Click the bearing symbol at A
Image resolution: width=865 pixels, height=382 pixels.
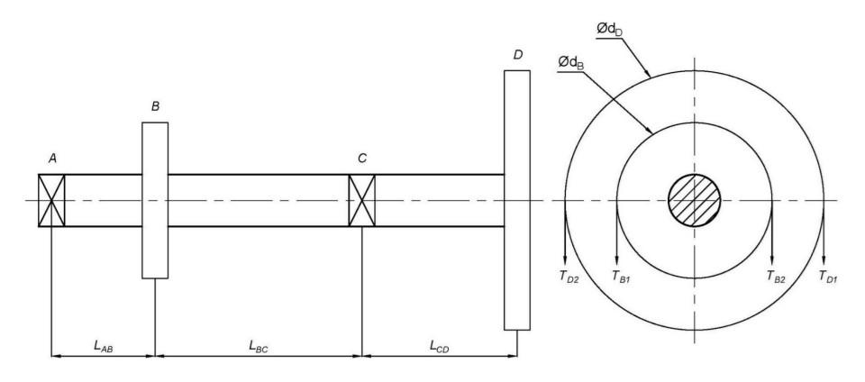[x=51, y=200]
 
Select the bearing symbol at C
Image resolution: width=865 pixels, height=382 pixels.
[x=361, y=200]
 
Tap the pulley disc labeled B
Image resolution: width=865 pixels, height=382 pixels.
[x=155, y=200]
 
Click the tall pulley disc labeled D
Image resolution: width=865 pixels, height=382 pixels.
[x=517, y=200]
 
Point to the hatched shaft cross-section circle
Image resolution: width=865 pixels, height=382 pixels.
[x=694, y=200]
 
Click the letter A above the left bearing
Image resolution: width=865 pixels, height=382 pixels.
[x=53, y=158]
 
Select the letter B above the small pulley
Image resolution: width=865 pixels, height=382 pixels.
[x=155, y=106]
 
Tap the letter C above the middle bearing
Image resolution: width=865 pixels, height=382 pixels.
[x=361, y=158]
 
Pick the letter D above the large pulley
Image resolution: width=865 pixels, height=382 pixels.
[x=517, y=55]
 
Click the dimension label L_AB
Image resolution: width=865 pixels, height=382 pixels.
[x=103, y=344]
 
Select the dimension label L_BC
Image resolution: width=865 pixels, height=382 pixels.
[x=259, y=344]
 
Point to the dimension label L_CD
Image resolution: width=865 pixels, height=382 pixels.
[x=439, y=344]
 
